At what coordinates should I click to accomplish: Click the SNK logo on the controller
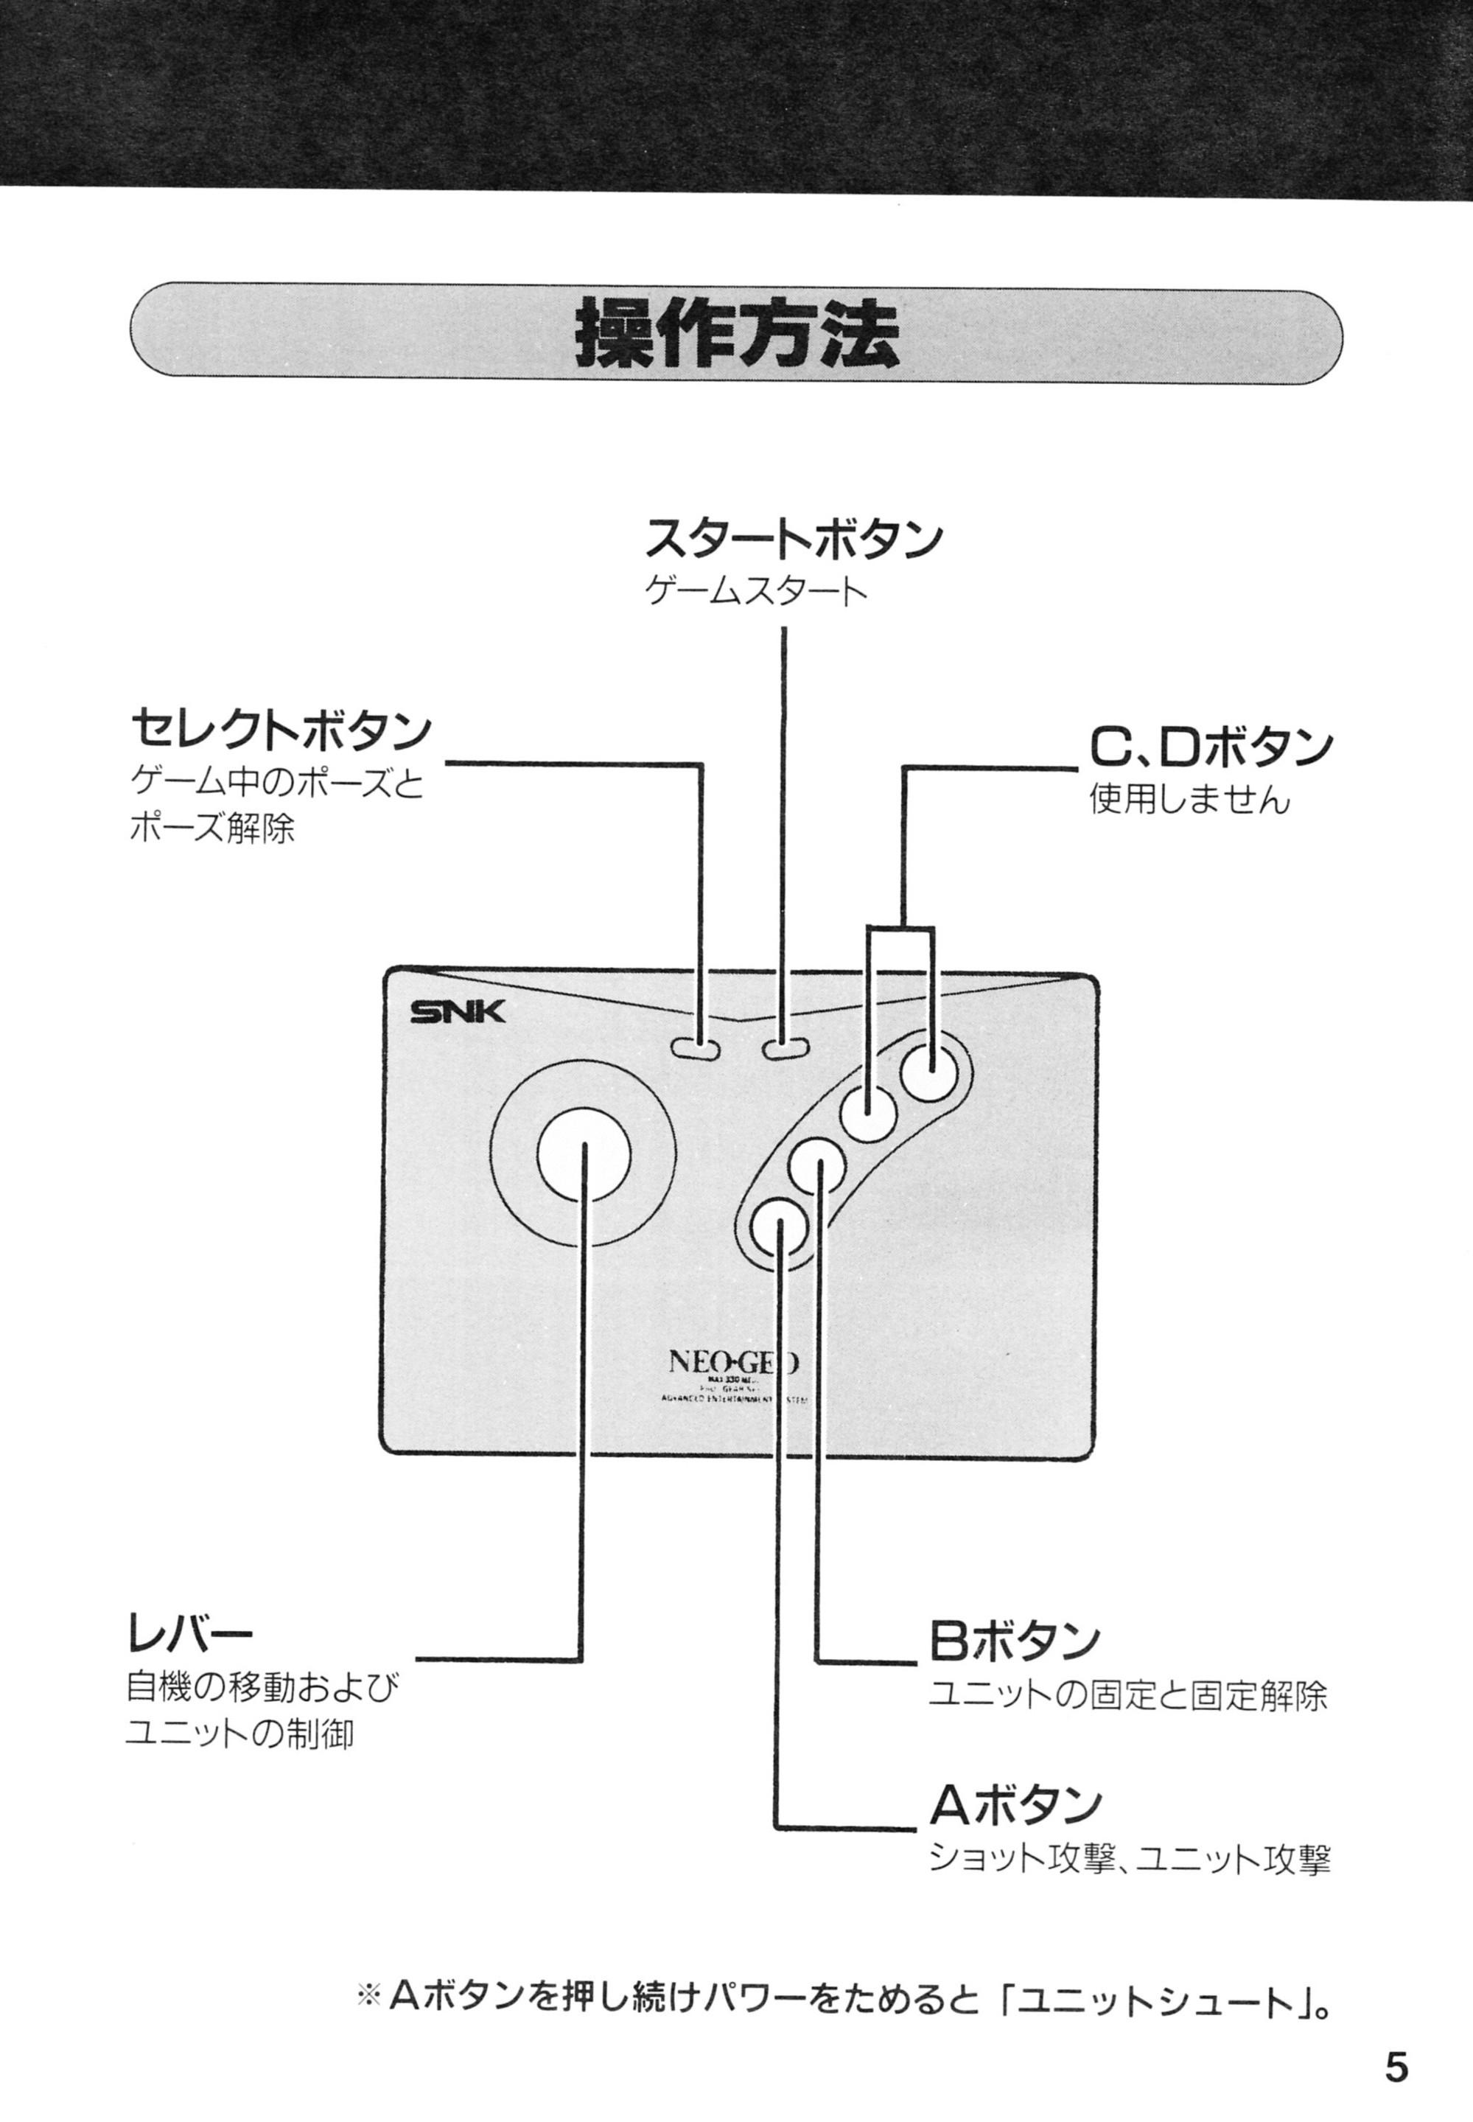(x=458, y=1013)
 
